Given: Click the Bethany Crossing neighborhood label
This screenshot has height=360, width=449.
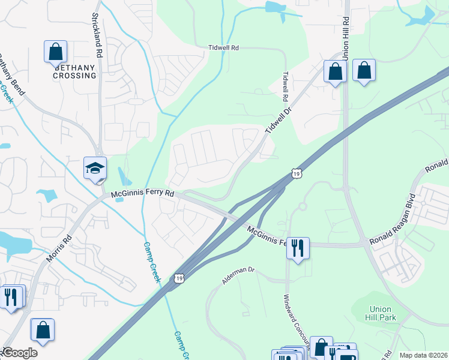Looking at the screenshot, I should (74, 72).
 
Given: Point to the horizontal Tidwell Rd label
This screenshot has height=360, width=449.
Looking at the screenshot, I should (223, 47).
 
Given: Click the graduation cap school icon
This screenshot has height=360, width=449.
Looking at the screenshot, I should (95, 169).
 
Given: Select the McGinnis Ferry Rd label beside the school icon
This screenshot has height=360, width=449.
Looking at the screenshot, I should (142, 194).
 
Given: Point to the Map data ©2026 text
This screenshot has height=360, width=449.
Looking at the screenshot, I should (423, 355).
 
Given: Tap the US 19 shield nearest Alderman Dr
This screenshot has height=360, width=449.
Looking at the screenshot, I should (179, 278).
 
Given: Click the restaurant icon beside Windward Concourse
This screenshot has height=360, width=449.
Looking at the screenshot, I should (298, 247).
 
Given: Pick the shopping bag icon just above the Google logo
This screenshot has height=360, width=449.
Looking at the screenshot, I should (43, 329).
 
